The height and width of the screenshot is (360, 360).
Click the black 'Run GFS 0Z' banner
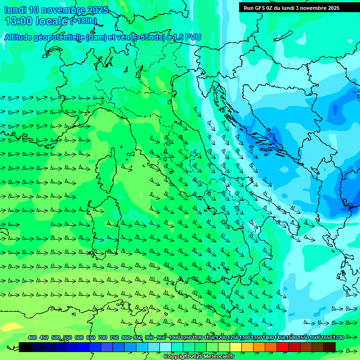pyautogui.click(x=292, y=8)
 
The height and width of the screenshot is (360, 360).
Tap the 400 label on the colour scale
pyautogui.click(x=32, y=337)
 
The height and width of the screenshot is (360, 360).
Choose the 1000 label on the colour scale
pyautogui.click(x=174, y=337)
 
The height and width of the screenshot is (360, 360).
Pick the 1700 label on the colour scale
pyautogui.click(x=326, y=337)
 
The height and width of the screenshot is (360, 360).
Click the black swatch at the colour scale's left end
pyautogui.click(x=25, y=347)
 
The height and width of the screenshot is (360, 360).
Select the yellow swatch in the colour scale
pyautogui.click(x=236, y=347)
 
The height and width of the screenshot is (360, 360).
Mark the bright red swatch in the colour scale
pyautogui.click(x=283, y=347)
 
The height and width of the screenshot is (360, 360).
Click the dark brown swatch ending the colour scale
pyautogui.click(x=330, y=347)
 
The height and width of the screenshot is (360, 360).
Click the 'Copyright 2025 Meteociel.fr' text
pyautogui.click(x=199, y=357)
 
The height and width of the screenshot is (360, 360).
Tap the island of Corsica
pyautogui.click(x=108, y=167)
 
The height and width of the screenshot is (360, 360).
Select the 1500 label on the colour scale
pyautogui.click(x=291, y=337)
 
